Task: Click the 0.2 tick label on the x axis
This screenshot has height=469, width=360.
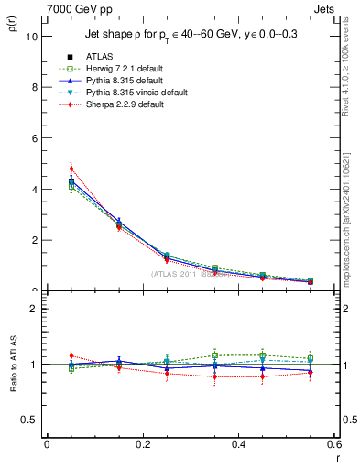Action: click(142, 444)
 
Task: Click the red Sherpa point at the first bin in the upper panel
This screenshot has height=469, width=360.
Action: click(71, 169)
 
